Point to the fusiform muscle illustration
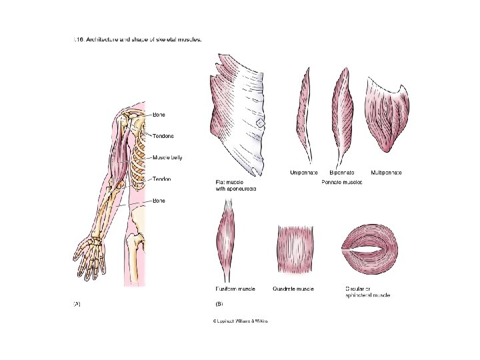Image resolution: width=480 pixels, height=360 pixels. coord(225,240)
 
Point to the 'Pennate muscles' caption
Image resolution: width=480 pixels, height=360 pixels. coord(342,181)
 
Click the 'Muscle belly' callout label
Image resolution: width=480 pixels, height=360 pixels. coord(167,158)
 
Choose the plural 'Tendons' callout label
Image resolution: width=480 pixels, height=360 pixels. coord(163,136)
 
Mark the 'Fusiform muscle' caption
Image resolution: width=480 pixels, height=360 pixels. coord(235,289)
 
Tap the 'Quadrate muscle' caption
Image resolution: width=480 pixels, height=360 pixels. coord(294,289)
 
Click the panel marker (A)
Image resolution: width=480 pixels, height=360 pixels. coord(76,304)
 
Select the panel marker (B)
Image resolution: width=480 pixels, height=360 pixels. coord(219,304)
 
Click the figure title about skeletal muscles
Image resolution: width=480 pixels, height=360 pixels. coord(138,39)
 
